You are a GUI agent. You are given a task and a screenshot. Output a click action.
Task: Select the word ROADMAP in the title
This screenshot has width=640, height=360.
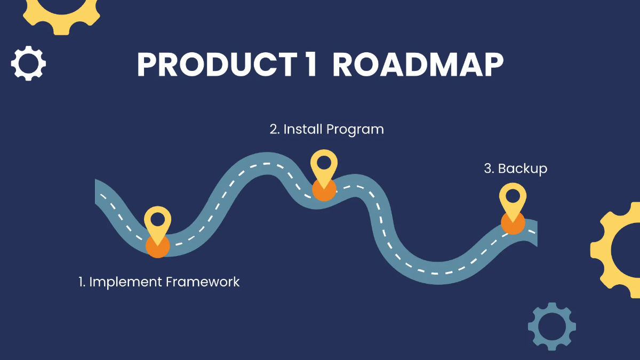pyautogui.click(x=418, y=66)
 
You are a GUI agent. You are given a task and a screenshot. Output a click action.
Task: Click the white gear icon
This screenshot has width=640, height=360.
pyautogui.click(x=28, y=63)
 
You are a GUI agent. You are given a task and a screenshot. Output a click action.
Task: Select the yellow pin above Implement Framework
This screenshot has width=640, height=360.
pyautogui.click(x=158, y=220)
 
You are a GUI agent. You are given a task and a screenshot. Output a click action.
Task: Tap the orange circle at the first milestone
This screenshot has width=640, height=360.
pyautogui.click(x=158, y=246)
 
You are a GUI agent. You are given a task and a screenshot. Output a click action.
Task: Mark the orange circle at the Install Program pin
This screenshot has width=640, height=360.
pyautogui.click(x=324, y=190)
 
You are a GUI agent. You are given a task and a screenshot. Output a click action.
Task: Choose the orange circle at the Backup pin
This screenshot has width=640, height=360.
pyautogui.click(x=513, y=223)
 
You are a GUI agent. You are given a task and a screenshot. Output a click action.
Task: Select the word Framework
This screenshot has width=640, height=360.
pyautogui.click(x=203, y=282)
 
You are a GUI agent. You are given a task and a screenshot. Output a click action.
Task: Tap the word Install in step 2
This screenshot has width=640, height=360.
pyautogui.click(x=302, y=129)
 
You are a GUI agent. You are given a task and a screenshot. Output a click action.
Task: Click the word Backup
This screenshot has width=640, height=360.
pyautogui.click(x=523, y=169)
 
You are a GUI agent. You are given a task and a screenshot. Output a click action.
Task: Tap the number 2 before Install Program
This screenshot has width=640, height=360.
pyautogui.click(x=274, y=129)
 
